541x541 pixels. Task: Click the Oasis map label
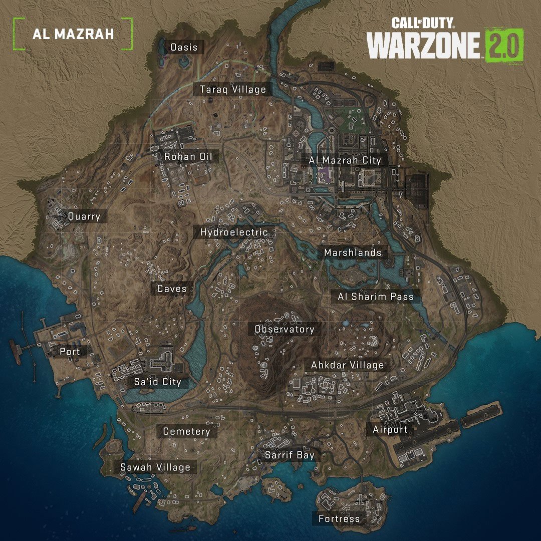tap(184, 48)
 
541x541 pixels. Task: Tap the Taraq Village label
tap(233, 90)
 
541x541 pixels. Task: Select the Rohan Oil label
tap(188, 157)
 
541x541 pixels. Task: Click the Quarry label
tap(84, 217)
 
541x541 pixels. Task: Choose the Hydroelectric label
tap(234, 232)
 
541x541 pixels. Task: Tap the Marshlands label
tap(353, 253)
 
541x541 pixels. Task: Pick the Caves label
tap(172, 289)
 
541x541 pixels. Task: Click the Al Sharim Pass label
tap(376, 297)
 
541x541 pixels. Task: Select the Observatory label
tap(285, 329)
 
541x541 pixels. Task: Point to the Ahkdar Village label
tap(348, 365)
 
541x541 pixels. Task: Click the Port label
tap(70, 351)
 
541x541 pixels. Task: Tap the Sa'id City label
tap(157, 382)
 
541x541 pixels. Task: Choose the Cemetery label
tap(186, 431)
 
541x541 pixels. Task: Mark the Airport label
tap(390, 429)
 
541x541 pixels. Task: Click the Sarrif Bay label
tap(290, 455)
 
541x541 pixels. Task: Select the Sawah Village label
tap(155, 467)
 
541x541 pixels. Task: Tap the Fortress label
tap(339, 518)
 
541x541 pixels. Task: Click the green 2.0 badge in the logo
tap(504, 45)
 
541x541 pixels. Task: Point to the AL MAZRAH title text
tap(73, 34)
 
